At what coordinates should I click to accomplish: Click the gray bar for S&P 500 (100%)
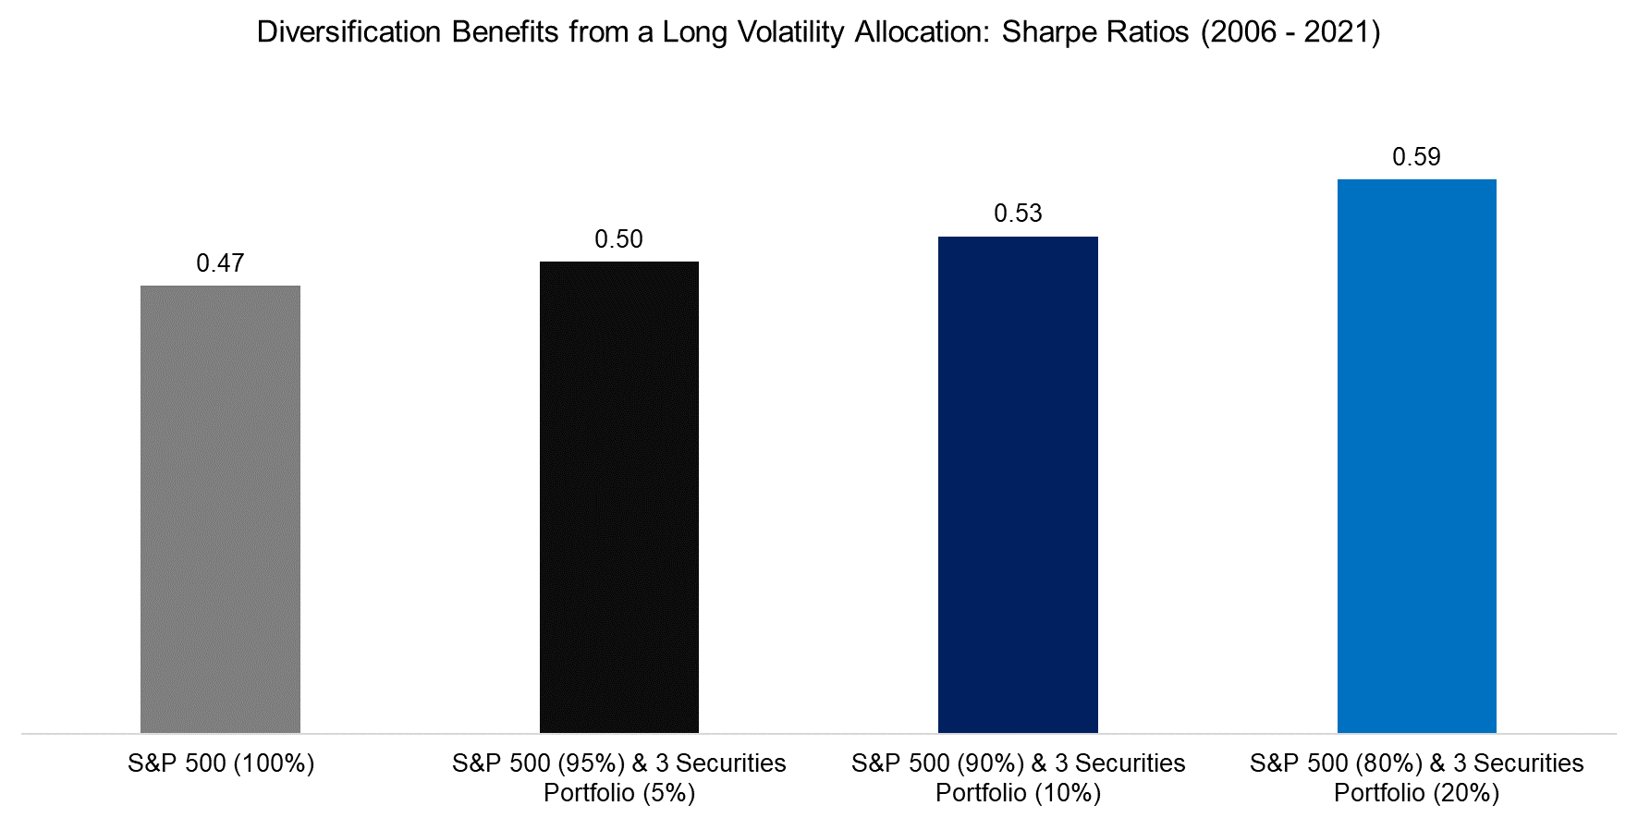pos(220,508)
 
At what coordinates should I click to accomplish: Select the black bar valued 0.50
pos(619,497)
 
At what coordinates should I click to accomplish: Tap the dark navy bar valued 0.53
pos(1018,484)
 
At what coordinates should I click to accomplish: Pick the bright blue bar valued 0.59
pos(1416,456)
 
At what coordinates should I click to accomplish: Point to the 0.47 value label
pos(220,263)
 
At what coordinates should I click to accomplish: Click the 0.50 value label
pos(618,239)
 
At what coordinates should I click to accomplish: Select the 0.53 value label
pos(1018,214)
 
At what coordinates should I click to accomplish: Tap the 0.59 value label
pos(1416,157)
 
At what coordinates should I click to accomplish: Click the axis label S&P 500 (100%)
pos(221,763)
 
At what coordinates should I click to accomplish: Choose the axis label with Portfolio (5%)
pos(619,777)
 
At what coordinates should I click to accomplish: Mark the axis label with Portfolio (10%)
pos(1018,777)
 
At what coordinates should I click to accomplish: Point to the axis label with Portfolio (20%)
pos(1416,777)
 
